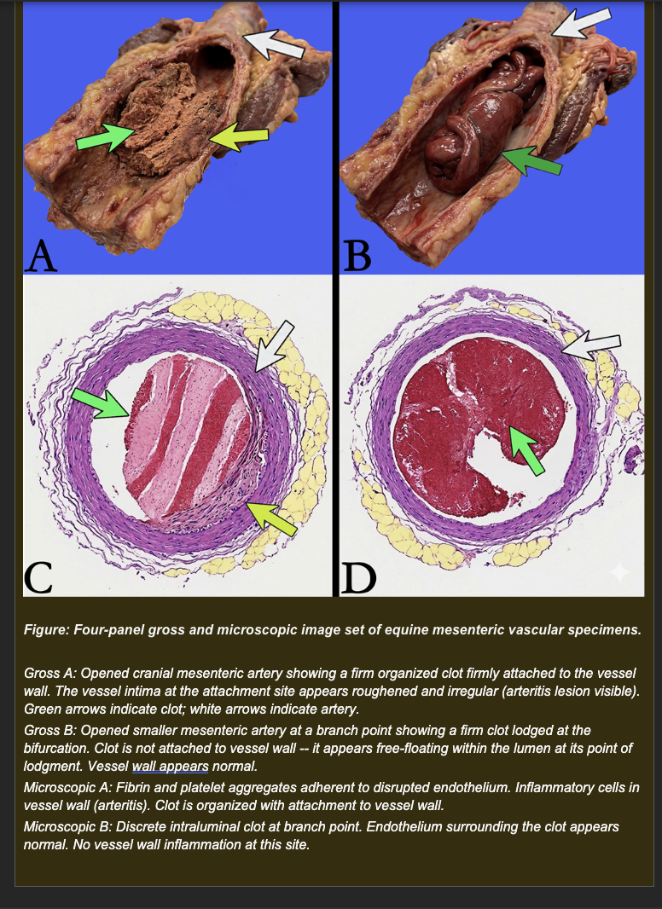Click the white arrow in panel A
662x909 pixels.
point(273,43)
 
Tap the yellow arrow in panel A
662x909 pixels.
point(239,136)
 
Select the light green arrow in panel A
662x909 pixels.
point(106,137)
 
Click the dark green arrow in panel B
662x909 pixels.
point(531,160)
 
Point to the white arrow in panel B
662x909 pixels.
point(581,23)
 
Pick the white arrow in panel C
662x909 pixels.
point(274,347)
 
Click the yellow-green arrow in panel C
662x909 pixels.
point(271,518)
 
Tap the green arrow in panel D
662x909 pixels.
point(527,450)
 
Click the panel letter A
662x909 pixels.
point(41,256)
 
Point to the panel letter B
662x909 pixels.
point(357,256)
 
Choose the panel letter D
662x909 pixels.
point(358,577)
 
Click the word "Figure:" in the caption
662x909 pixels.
point(46,630)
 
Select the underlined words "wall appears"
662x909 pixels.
point(170,767)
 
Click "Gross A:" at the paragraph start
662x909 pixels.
point(50,674)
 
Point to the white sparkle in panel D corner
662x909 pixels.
point(619,571)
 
